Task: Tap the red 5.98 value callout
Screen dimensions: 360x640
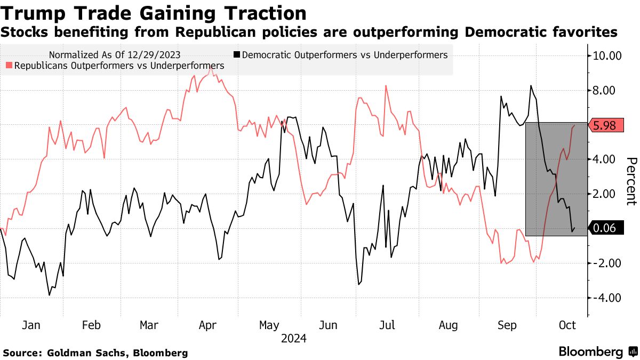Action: coord(604,125)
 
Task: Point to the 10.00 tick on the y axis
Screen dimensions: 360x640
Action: coord(607,55)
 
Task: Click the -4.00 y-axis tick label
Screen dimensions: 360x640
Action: coord(607,298)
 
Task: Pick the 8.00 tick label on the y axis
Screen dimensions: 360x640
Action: coord(607,91)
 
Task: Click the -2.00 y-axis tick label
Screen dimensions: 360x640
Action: coord(607,263)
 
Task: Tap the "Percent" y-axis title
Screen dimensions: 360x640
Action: coord(631,181)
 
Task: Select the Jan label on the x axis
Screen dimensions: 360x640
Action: coord(32,325)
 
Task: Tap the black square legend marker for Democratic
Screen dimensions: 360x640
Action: coord(237,54)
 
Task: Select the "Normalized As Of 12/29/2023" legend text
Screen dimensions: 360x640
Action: coord(114,54)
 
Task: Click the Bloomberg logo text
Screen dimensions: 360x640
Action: coord(591,352)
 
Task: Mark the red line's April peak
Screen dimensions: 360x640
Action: coord(211,68)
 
